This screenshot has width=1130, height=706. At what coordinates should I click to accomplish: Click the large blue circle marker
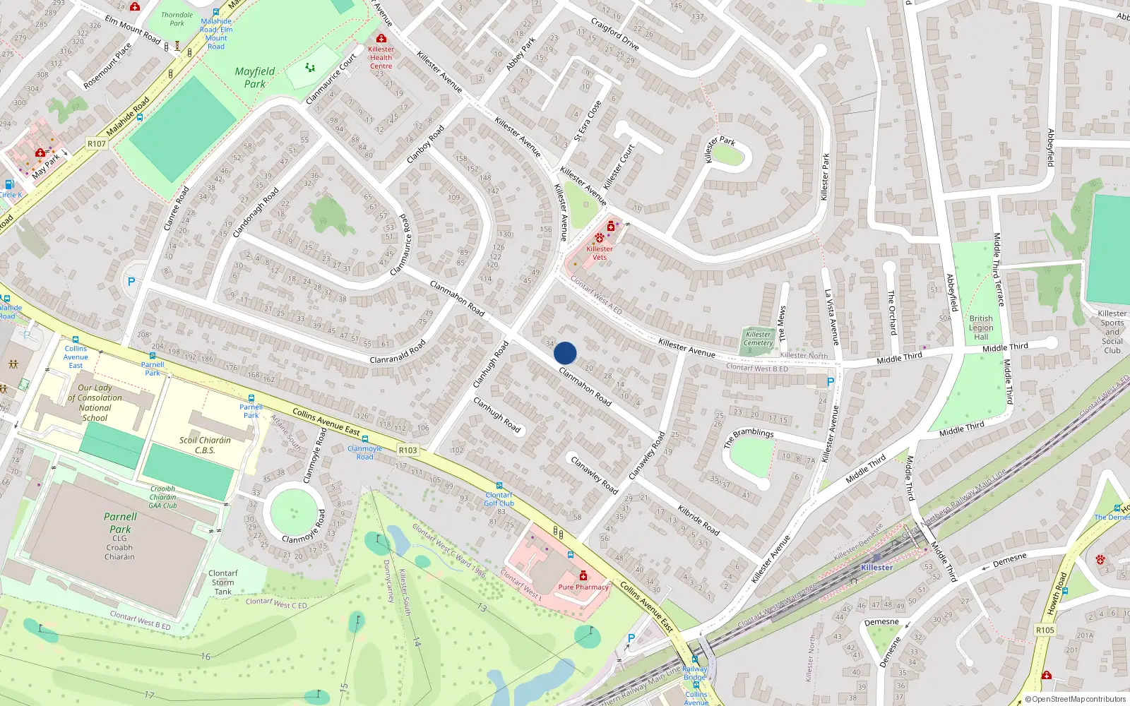coord(565,353)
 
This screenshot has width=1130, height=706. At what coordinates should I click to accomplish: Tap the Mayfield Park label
coord(254,78)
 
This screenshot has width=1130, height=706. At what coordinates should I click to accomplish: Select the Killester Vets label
coord(600,253)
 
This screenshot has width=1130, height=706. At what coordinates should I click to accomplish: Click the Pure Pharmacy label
coord(583,587)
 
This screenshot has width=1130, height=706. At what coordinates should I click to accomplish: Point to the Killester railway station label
coord(876,568)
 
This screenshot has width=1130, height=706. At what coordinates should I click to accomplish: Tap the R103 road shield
coord(408,450)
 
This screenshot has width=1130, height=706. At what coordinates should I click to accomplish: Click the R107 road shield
coord(97,144)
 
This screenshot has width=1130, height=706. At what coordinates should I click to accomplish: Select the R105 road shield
coord(1045,630)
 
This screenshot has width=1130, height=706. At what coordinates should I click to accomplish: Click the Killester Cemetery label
coord(758,339)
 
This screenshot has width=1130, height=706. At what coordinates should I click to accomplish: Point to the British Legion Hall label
coord(981,328)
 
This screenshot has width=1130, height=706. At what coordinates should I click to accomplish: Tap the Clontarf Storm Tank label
coord(223,582)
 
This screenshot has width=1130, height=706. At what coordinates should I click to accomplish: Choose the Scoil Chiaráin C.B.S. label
coord(205,445)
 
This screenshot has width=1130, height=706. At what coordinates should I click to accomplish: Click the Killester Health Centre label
coord(381,58)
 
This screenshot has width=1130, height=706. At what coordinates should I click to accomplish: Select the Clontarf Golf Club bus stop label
coord(499,499)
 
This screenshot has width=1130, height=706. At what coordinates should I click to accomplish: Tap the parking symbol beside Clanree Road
coord(131,282)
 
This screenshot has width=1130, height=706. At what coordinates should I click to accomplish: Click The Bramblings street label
coord(749,438)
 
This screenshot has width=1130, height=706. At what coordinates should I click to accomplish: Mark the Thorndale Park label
coord(177,19)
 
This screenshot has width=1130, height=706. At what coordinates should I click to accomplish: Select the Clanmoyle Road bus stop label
coord(364,453)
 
